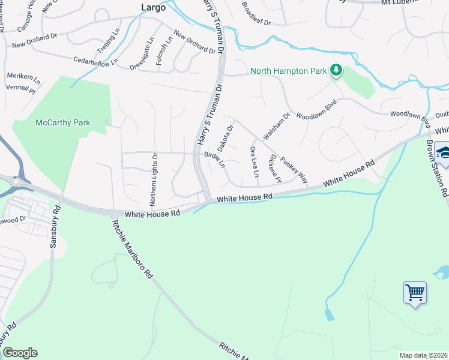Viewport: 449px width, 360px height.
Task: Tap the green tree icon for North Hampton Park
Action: [337, 71]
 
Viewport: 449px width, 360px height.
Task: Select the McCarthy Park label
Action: [63, 122]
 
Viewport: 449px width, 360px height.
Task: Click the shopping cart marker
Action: [415, 293]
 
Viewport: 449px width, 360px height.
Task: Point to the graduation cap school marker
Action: [444, 152]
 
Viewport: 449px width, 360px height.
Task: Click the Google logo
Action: [20, 353]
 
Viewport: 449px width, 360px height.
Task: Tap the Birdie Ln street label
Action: [214, 159]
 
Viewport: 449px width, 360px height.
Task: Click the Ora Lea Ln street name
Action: [254, 161]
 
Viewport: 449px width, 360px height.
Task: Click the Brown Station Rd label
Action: [438, 169]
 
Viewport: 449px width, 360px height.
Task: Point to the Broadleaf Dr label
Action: [256, 14]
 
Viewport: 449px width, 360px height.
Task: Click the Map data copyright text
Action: [423, 355]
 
